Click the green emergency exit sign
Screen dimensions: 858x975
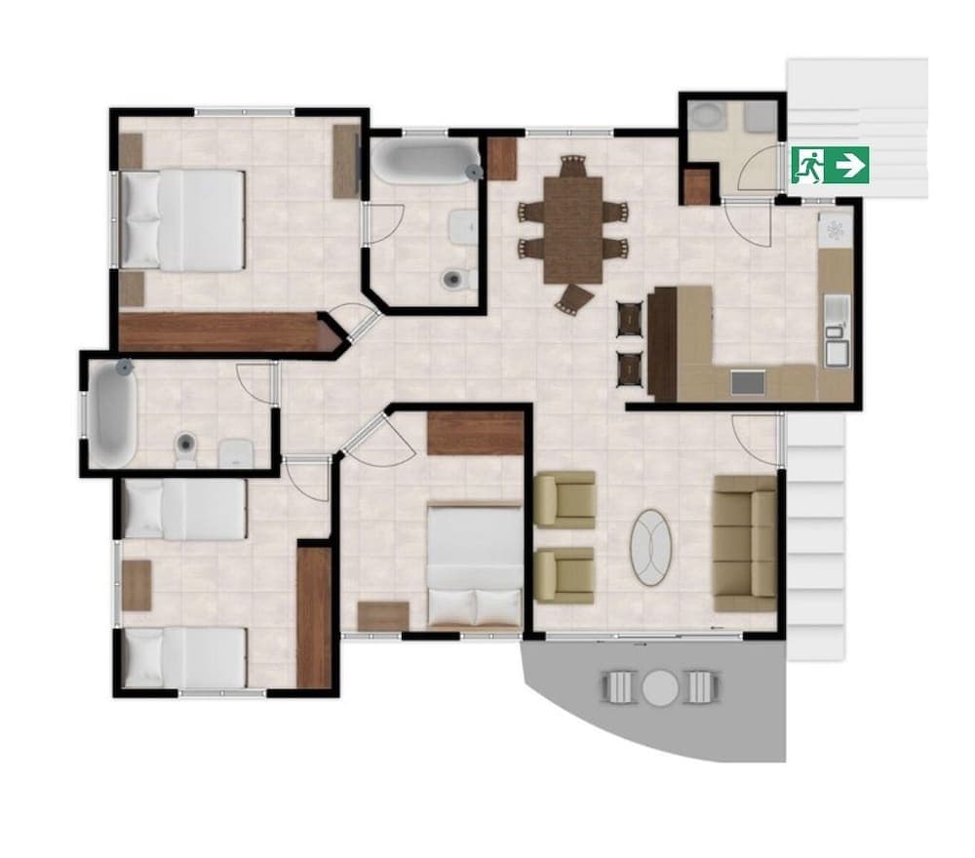click(x=830, y=165)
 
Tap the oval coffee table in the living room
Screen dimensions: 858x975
click(x=652, y=548)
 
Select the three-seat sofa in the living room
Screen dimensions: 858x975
click(x=746, y=537)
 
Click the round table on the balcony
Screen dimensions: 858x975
click(x=659, y=687)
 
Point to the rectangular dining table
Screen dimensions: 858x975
click(x=573, y=230)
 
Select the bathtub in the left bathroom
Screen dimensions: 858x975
click(x=114, y=413)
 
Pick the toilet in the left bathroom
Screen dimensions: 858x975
click(x=185, y=448)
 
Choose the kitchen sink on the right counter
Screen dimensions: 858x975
click(x=836, y=346)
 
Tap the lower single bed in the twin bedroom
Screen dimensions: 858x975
click(x=184, y=656)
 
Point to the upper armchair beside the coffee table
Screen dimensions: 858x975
click(x=566, y=499)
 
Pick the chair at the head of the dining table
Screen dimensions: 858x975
click(x=573, y=167)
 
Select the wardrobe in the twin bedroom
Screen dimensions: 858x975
click(x=315, y=616)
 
